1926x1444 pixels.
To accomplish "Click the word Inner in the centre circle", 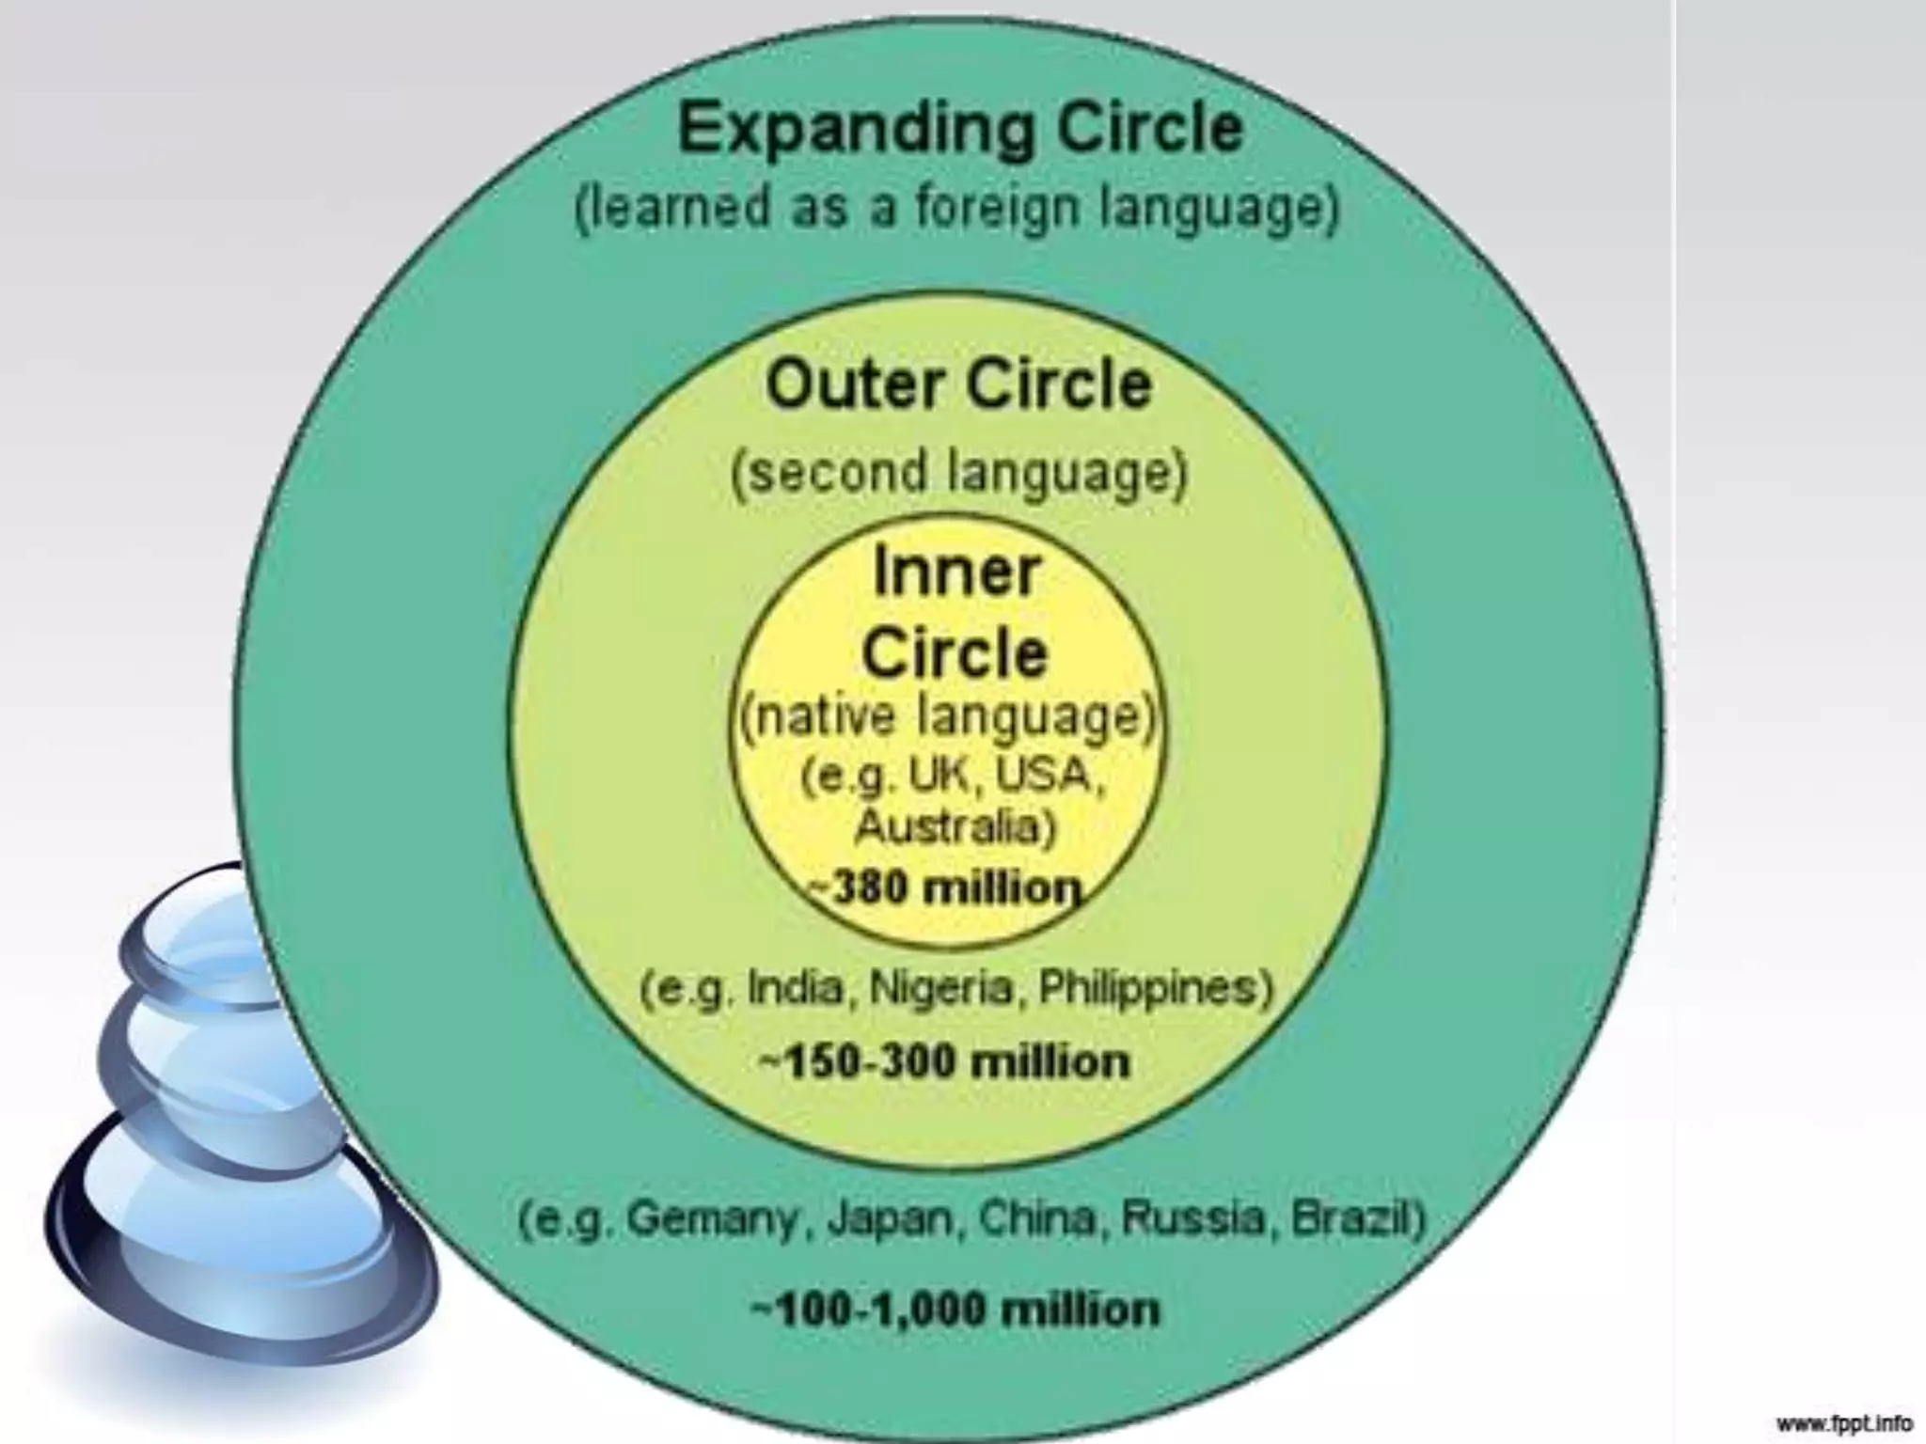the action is [x=956, y=572].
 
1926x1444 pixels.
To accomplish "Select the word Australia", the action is [x=955, y=827].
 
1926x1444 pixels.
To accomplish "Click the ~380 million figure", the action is [x=945, y=888].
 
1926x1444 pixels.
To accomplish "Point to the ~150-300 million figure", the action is [x=944, y=1062].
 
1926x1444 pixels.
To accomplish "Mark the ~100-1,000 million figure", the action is [x=955, y=1310].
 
